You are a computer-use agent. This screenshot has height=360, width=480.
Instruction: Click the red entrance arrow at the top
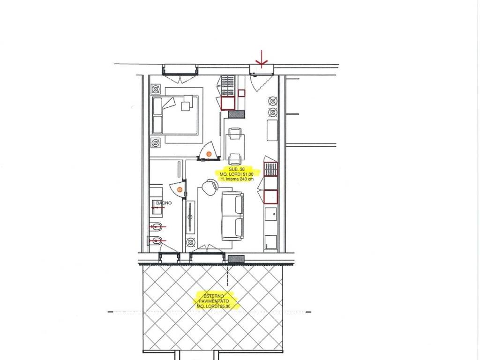pos(262,59)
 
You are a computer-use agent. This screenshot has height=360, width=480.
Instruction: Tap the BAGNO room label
pos(164,203)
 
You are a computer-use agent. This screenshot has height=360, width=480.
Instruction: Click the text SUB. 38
pos(237,169)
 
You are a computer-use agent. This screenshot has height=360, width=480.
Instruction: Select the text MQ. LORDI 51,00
pos(236,174)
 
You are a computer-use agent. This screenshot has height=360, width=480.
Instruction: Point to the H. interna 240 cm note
pos(237,179)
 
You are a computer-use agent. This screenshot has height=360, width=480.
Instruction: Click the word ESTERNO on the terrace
pos(214,296)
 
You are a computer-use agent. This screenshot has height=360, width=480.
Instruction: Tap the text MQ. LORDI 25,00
pos(213,306)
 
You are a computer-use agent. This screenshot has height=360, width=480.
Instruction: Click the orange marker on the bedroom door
pos(209,154)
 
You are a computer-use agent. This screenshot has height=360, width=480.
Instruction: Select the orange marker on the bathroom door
pos(180,189)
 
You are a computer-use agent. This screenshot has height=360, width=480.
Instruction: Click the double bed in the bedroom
pos(175,115)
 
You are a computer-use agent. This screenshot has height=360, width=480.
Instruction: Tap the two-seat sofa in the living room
pos(232,216)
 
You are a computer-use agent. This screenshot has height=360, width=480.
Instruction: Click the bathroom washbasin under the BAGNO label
pos(156,208)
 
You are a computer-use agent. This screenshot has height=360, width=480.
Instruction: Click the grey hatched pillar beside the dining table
pos(237,114)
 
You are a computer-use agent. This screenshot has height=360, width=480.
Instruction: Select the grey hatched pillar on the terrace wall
pos(236,259)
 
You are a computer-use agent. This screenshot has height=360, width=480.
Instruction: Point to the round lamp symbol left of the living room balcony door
pos(191,243)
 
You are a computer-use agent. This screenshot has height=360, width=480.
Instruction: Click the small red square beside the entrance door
pos(241,93)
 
